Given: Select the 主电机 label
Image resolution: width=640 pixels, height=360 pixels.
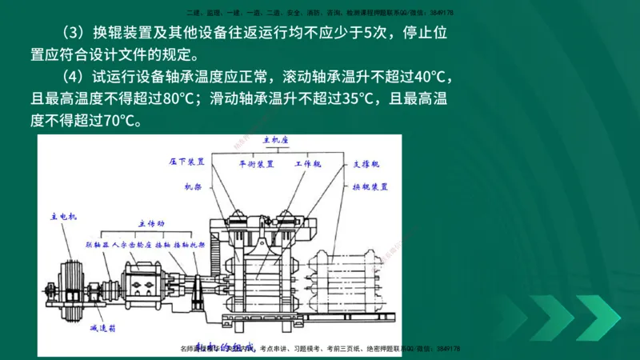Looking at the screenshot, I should click(62, 216).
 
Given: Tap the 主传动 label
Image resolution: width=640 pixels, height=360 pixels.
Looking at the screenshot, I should click(150, 223).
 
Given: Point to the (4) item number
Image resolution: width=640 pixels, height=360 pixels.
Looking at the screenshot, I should click(74, 78).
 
